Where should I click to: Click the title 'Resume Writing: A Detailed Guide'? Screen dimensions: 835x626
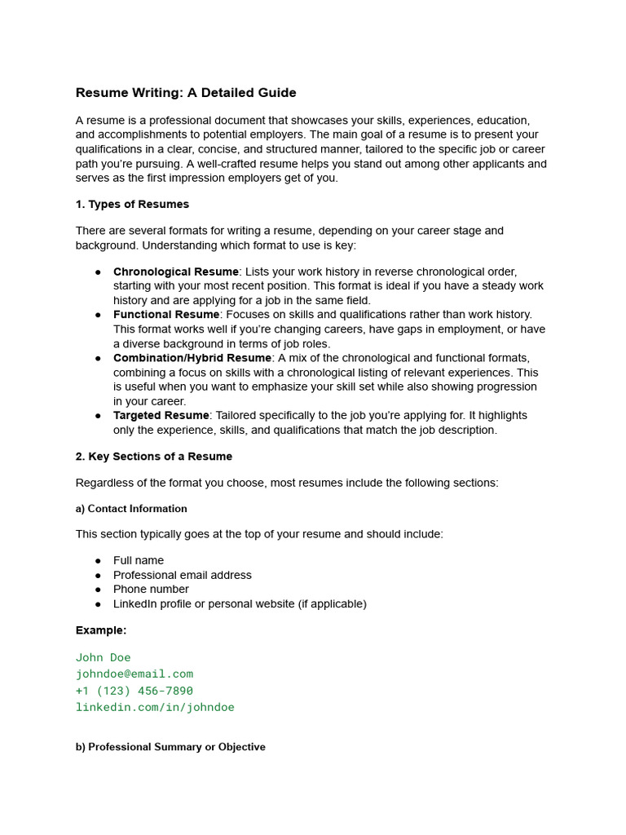(x=186, y=93)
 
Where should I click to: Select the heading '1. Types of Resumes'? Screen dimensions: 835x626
(x=132, y=204)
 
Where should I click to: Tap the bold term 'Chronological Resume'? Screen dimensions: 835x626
(x=176, y=272)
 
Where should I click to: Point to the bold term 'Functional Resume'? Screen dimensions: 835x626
(x=166, y=315)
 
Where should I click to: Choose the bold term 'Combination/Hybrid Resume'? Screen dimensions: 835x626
(x=192, y=358)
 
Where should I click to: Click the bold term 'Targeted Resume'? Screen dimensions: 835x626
(x=161, y=416)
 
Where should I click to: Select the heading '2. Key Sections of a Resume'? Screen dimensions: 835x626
(x=154, y=457)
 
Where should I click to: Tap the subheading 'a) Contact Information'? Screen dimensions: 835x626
(x=131, y=509)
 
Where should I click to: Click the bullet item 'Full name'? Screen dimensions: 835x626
(x=139, y=561)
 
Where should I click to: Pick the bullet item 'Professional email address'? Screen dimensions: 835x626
(x=183, y=575)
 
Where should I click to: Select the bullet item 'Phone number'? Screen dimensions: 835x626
(x=151, y=590)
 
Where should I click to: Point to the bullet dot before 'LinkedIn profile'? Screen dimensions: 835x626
(x=98, y=604)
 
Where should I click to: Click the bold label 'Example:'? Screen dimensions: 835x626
(x=101, y=630)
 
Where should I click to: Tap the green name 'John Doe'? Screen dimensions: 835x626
(x=104, y=658)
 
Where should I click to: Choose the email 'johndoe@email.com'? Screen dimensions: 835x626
(x=134, y=674)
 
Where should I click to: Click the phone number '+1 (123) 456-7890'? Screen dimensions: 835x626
(x=134, y=691)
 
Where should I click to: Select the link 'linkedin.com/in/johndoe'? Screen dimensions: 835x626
(x=155, y=708)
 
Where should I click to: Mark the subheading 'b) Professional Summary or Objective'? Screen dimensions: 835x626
(x=170, y=747)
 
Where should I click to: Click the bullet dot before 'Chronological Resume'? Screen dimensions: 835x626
(x=98, y=272)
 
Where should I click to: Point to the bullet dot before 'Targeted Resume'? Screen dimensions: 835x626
(x=98, y=416)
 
